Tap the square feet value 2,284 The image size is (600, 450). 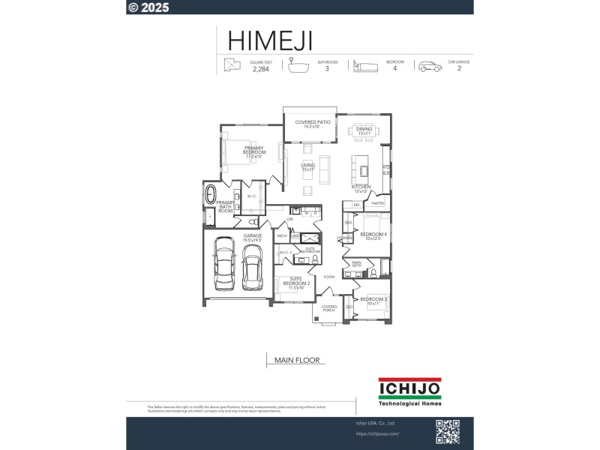[x=260, y=69]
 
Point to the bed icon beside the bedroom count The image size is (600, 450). [x=364, y=66]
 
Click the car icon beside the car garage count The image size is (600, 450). [x=430, y=66]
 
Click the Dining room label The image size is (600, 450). [x=364, y=130]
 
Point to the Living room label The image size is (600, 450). [x=307, y=166]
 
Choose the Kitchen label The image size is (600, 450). [x=361, y=188]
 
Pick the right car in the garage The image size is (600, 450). [x=250, y=267]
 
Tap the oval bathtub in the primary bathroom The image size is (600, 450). [x=211, y=195]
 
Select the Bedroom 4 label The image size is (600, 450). [x=373, y=236]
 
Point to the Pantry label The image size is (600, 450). [x=377, y=203]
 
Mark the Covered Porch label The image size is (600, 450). [x=328, y=308]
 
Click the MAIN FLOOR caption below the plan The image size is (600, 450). [x=297, y=360]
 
